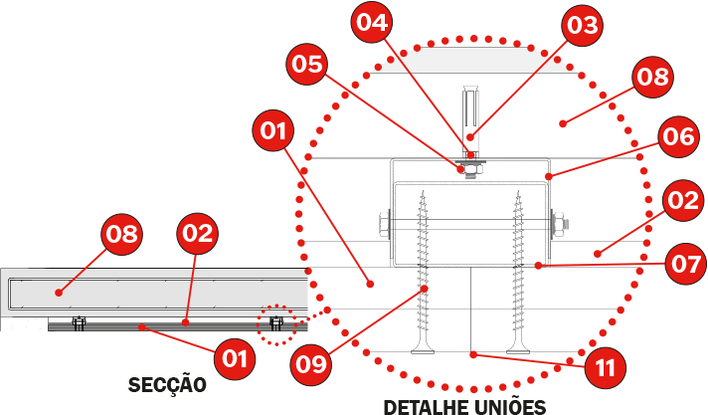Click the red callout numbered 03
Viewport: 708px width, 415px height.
(582, 25)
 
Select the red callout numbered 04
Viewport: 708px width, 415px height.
(372, 22)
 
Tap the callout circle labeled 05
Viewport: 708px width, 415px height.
(307, 65)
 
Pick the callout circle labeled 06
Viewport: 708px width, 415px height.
(678, 136)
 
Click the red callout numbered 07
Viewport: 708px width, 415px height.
(686, 264)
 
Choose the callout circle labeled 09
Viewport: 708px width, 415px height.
(311, 363)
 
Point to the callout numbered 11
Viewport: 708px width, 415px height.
(605, 368)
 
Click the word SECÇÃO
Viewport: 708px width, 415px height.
(167, 385)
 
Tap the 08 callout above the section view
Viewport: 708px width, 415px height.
(122, 234)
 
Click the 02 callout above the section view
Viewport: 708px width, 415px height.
(197, 233)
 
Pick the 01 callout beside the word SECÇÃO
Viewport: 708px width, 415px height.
(235, 358)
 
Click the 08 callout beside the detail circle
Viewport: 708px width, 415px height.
(652, 78)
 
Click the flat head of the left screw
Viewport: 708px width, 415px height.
(423, 350)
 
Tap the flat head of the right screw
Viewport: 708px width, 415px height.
(518, 350)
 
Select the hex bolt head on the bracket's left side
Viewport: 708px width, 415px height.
(384, 224)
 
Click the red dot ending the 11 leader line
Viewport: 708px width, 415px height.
(473, 355)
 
